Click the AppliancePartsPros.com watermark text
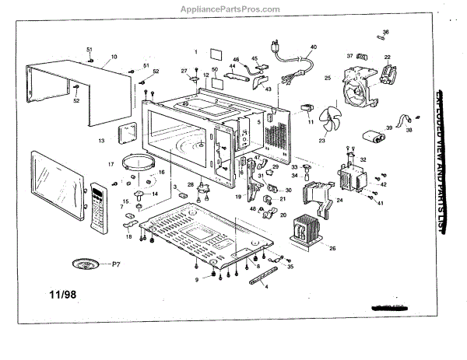tap(233, 10)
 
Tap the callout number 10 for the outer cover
tap(114, 57)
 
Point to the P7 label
tap(116, 265)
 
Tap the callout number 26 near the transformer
tap(332, 249)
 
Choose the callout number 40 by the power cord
tap(314, 47)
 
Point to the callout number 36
tap(386, 32)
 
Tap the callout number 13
tap(101, 141)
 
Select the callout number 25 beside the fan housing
tap(328, 78)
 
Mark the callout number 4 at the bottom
tap(267, 287)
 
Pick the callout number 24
tap(339, 200)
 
